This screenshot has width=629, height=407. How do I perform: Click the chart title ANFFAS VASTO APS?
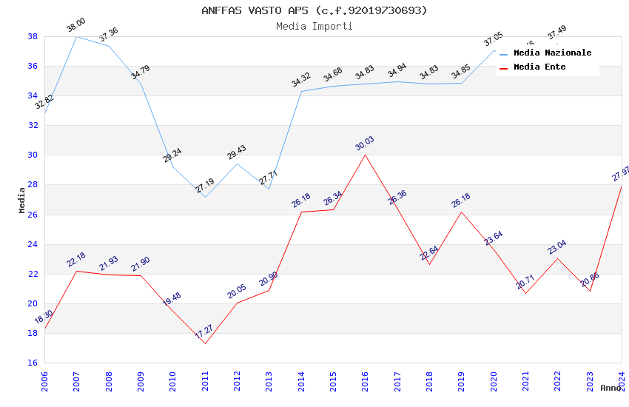(x=314, y=10)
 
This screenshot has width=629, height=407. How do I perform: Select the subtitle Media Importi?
(x=314, y=26)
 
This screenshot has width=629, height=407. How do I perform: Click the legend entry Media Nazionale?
(x=552, y=53)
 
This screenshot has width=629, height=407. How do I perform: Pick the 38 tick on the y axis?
(x=33, y=36)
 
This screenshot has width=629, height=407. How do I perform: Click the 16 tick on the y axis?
(x=33, y=363)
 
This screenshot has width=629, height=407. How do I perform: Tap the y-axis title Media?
(x=22, y=200)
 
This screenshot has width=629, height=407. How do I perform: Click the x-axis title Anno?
(x=610, y=388)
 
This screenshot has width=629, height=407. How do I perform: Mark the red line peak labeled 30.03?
(x=365, y=155)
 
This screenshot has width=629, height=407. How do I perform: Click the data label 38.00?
(x=75, y=26)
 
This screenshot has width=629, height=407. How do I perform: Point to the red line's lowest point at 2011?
(x=205, y=343)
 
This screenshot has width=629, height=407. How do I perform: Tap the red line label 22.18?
(x=76, y=260)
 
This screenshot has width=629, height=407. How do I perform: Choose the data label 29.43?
(x=237, y=152)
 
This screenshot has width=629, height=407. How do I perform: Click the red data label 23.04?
(x=557, y=246)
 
